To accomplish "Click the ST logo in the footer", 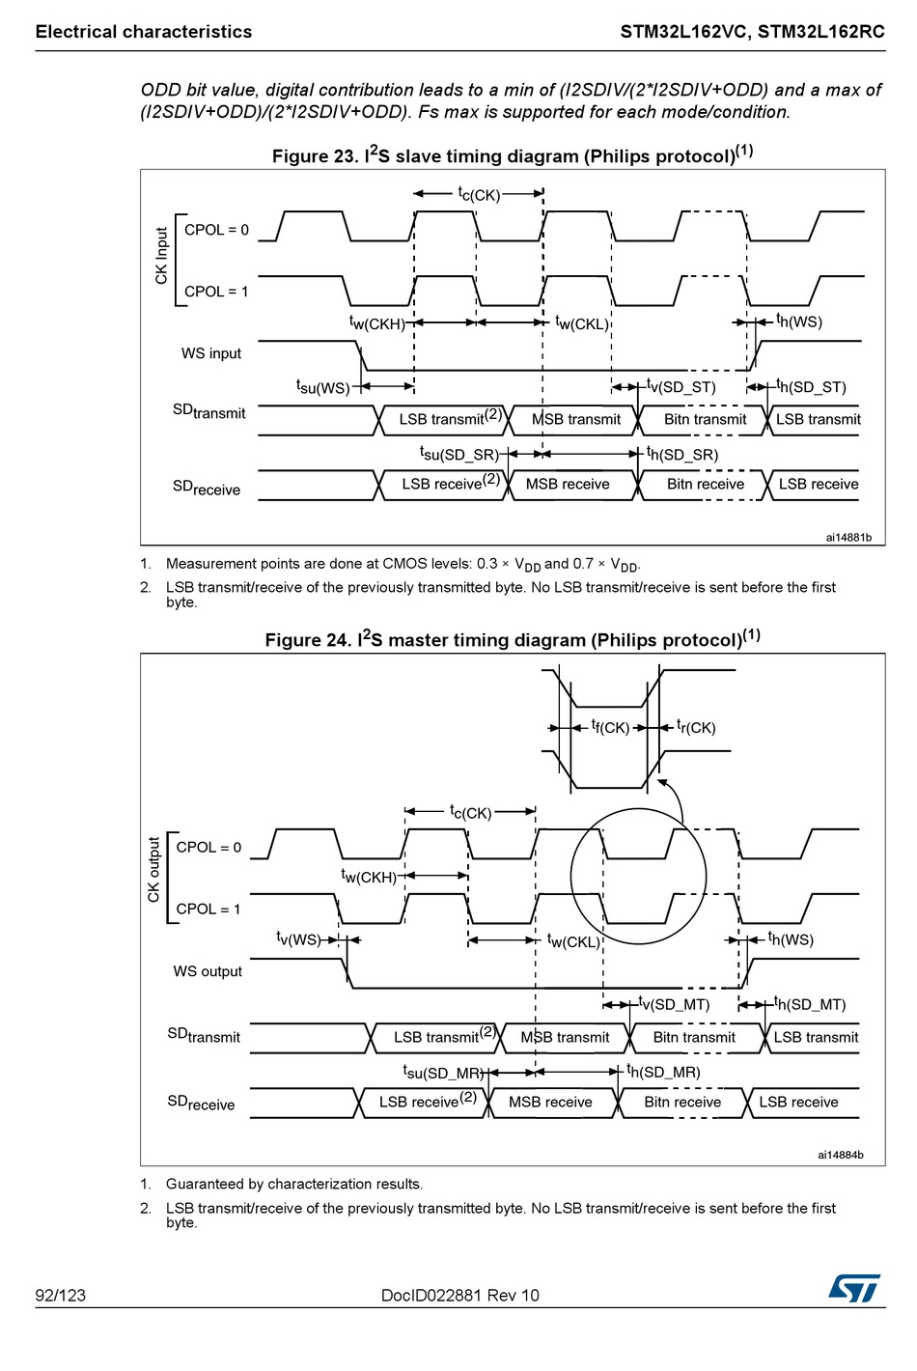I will [x=854, y=1287].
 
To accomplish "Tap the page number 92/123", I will [x=60, y=1295].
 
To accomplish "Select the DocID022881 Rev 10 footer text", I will [x=459, y=1295].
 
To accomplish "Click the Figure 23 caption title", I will [x=512, y=154].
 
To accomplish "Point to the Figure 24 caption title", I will [x=512, y=638].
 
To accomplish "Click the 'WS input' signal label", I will [x=210, y=353].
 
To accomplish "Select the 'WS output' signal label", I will [x=208, y=971].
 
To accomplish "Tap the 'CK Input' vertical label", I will [x=161, y=256].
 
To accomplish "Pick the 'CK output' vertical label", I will [x=153, y=870].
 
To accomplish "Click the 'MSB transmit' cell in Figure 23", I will [x=575, y=419].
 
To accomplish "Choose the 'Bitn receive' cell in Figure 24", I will [x=681, y=1102].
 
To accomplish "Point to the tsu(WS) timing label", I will [x=322, y=387].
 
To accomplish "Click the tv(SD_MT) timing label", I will [x=674, y=1004].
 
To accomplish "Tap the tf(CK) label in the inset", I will [x=610, y=727].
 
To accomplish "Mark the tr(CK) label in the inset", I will [x=696, y=727].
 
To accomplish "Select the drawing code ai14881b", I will [x=848, y=537].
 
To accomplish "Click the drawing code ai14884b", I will [x=840, y=1155].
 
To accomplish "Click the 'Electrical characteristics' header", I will [x=144, y=32].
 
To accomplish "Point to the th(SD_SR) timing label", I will [x=681, y=454].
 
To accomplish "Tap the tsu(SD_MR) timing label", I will [x=443, y=1072].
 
